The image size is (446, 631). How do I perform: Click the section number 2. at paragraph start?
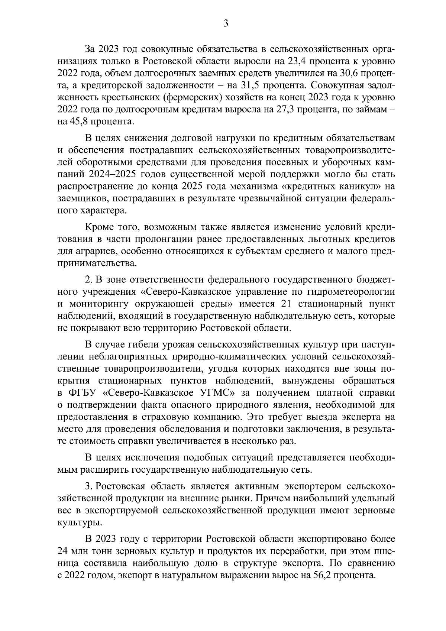[x=88, y=279]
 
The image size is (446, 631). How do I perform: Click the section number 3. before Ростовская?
[x=88, y=486]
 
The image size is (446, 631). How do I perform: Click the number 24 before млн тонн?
[x=64, y=551]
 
